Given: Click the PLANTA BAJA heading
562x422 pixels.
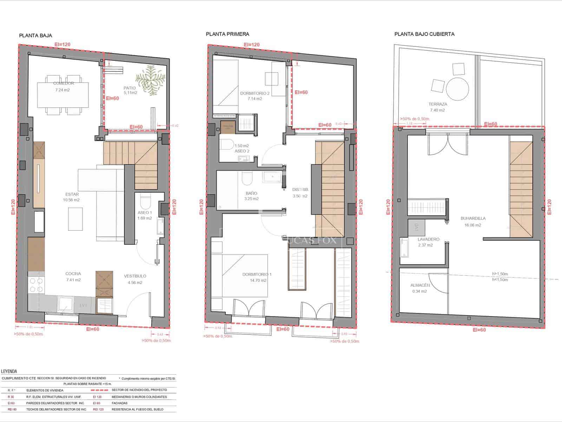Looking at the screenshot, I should click(35, 36).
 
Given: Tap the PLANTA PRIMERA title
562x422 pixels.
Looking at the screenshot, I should click(227, 34).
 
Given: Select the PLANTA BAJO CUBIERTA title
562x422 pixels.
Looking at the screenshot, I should click(424, 34).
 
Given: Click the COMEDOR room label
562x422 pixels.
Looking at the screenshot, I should click(63, 83).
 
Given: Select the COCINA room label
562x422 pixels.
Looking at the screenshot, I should click(73, 274).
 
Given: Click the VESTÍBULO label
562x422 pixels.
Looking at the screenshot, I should click(135, 276).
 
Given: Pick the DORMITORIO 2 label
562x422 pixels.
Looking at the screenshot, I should click(255, 94).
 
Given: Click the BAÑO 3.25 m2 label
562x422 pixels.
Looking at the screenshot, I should click(251, 193).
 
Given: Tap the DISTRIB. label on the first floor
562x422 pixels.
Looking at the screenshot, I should click(300, 190).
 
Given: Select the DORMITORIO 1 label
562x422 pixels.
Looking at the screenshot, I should click(257, 274).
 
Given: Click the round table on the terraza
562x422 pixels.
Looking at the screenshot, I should click(457, 89).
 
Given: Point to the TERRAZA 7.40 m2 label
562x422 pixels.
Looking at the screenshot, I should click(438, 104).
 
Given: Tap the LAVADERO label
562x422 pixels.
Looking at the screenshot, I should click(428, 239).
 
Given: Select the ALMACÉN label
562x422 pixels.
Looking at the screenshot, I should click(420, 286).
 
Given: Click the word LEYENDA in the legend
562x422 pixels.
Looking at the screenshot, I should click(9, 371).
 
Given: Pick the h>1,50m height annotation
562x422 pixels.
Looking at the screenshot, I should click(500, 274).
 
